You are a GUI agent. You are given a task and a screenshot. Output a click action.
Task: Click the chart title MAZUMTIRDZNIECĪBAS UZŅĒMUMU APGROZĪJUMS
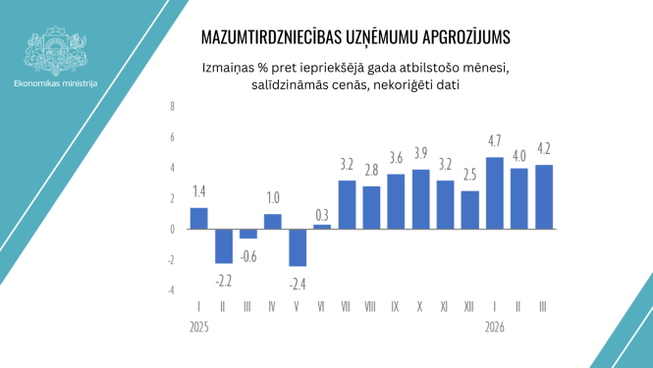click(355, 38)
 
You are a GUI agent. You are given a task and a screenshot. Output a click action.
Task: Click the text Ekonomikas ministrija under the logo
click(56, 83)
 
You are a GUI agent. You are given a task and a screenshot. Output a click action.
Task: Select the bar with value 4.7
click(494, 192)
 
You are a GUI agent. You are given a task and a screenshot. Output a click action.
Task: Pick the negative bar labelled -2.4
click(297, 247)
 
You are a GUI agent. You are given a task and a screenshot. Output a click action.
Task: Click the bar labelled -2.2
click(223, 245)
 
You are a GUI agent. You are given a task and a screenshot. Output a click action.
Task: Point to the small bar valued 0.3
click(322, 226)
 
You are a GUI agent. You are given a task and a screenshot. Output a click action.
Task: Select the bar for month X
click(420, 199)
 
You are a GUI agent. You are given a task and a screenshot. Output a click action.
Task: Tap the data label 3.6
click(396, 158)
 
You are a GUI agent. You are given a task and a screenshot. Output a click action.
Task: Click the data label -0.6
click(247, 257)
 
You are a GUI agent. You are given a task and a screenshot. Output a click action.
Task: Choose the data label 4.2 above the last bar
click(544, 149)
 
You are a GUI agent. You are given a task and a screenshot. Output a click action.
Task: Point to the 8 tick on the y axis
click(172, 106)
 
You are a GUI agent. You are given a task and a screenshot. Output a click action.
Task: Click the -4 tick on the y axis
click(171, 290)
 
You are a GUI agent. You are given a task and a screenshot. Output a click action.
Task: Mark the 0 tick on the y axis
click(172, 229)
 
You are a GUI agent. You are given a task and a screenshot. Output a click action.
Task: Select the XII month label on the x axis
click(469, 307)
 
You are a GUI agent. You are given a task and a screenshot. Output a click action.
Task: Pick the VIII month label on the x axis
click(371, 307)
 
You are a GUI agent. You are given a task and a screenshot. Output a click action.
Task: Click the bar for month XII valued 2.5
click(469, 209)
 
